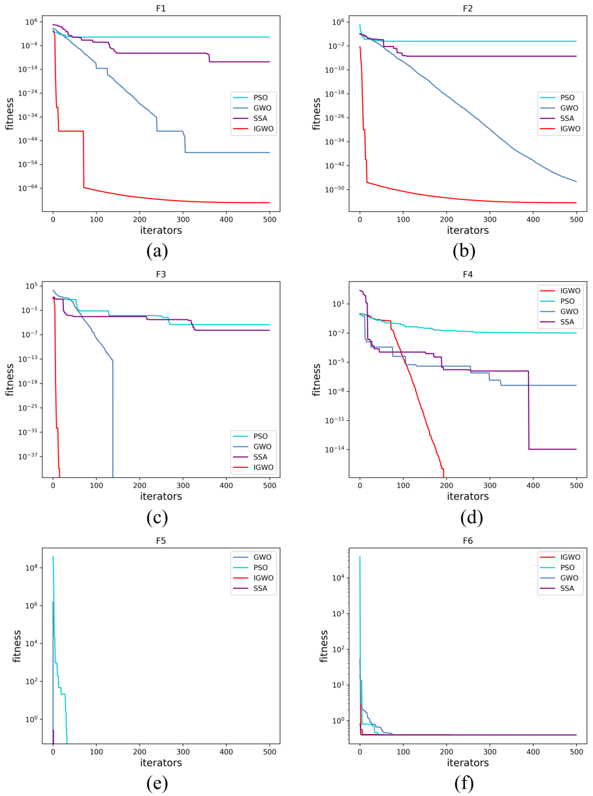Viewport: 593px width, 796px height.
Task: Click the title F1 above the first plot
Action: tap(161, 8)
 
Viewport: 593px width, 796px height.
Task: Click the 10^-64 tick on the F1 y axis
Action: tap(28, 188)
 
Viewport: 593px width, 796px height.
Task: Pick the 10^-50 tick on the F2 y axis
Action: tap(334, 189)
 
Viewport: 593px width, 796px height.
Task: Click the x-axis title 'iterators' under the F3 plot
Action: tap(161, 496)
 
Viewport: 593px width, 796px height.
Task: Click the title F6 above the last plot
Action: tap(468, 541)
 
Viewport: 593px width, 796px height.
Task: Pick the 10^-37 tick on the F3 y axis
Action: tap(28, 456)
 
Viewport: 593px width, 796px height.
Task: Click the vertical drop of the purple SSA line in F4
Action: tap(528, 409)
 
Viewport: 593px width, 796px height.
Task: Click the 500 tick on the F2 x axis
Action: tap(576, 219)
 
